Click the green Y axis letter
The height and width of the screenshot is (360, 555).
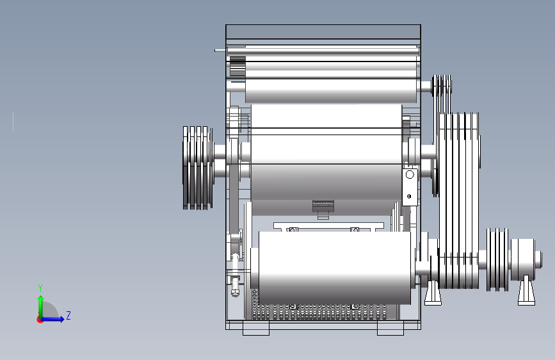tap(40, 288)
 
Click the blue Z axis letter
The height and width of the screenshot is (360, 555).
tap(68, 315)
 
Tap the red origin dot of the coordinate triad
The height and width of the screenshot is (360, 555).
tap(40, 320)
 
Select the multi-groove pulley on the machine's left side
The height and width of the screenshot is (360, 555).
tap(198, 168)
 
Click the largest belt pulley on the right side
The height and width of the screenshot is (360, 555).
tap(459, 200)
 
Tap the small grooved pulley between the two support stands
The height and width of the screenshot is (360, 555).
tap(497, 259)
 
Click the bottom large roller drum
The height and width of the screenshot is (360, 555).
tap(335, 268)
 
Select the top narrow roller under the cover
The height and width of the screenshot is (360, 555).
tap(331, 91)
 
